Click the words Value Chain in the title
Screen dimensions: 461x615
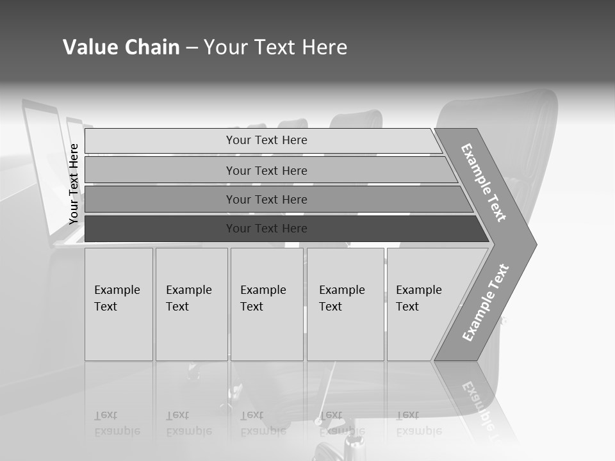(x=121, y=47)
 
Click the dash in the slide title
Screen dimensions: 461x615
(x=192, y=48)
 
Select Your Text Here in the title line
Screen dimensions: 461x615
(x=275, y=47)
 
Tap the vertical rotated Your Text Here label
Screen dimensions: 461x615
(x=74, y=184)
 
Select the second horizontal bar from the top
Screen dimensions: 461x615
(x=267, y=170)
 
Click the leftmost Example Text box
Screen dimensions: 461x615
(x=119, y=304)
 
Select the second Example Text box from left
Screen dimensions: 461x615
(x=192, y=304)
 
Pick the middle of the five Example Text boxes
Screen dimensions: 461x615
(x=266, y=304)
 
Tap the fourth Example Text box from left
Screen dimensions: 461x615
(x=345, y=304)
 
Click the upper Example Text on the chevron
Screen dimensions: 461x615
(x=484, y=182)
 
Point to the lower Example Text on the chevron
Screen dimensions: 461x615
(x=485, y=303)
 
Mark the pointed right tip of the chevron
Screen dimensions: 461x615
(x=534, y=244)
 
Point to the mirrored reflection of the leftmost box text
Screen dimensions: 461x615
(x=117, y=424)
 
